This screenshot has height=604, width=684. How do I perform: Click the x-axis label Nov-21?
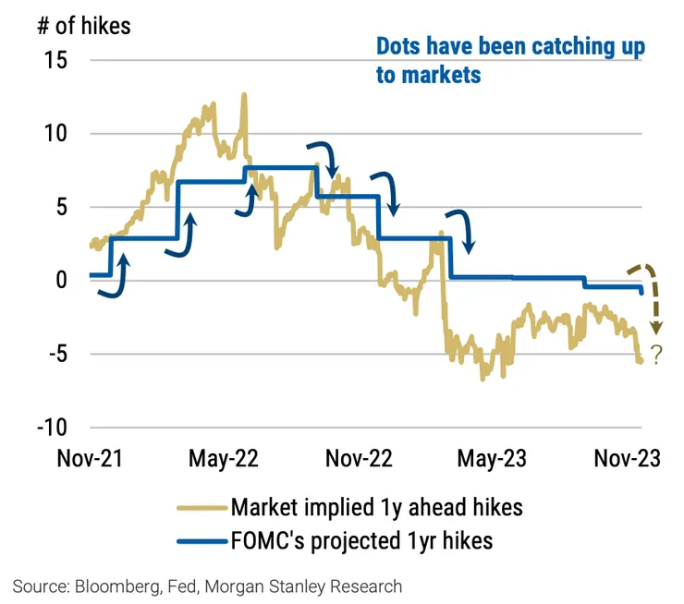90,458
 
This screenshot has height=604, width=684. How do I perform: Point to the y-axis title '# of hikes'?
84,25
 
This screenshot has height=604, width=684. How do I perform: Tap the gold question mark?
656,355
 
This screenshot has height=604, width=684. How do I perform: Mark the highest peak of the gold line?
244,94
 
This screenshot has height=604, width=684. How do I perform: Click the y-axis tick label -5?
51,354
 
